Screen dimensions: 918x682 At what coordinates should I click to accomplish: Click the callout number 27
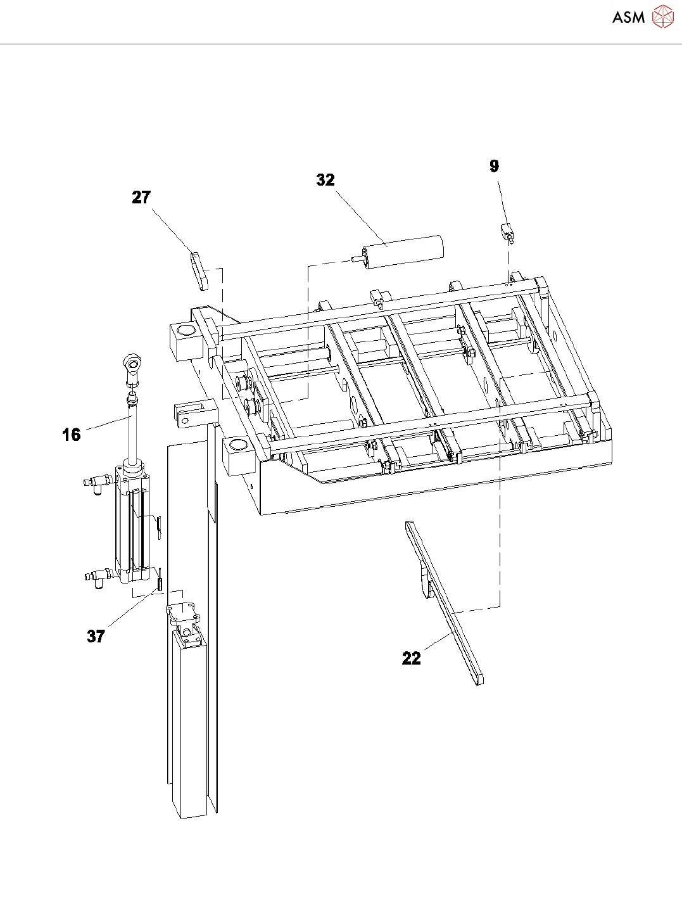(141, 198)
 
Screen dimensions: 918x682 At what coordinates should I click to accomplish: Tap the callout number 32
(325, 181)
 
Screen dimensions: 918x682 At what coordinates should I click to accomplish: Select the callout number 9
(495, 167)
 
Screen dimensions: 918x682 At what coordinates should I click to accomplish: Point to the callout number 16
(72, 435)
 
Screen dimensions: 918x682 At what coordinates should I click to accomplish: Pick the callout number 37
(96, 636)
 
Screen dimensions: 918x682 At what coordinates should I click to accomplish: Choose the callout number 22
(412, 659)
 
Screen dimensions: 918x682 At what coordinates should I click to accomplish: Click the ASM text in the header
(628, 18)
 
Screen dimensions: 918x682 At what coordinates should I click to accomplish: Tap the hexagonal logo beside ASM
(662, 17)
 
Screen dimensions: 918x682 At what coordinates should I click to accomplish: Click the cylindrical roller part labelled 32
(403, 252)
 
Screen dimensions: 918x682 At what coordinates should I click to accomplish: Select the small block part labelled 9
(508, 232)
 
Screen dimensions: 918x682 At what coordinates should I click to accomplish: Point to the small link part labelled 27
(199, 271)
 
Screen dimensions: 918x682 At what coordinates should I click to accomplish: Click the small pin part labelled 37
(160, 580)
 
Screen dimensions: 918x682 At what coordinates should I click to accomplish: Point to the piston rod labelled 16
(132, 431)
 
